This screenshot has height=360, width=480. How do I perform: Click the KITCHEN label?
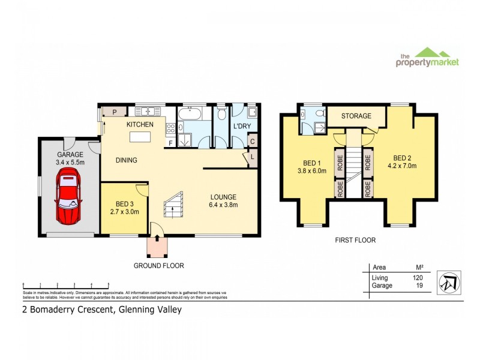point(140,124)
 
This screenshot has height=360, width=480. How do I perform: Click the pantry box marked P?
point(114,111)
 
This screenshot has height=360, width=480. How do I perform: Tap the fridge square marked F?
point(170,143)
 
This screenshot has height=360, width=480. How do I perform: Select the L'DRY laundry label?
point(242,127)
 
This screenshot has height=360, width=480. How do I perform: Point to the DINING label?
point(127,160)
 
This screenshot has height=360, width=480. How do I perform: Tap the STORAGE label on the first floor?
point(356,116)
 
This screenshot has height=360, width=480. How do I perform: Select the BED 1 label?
point(310,165)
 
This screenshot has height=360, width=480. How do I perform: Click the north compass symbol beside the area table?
point(449,280)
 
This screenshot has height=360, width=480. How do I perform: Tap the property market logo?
point(428,58)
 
